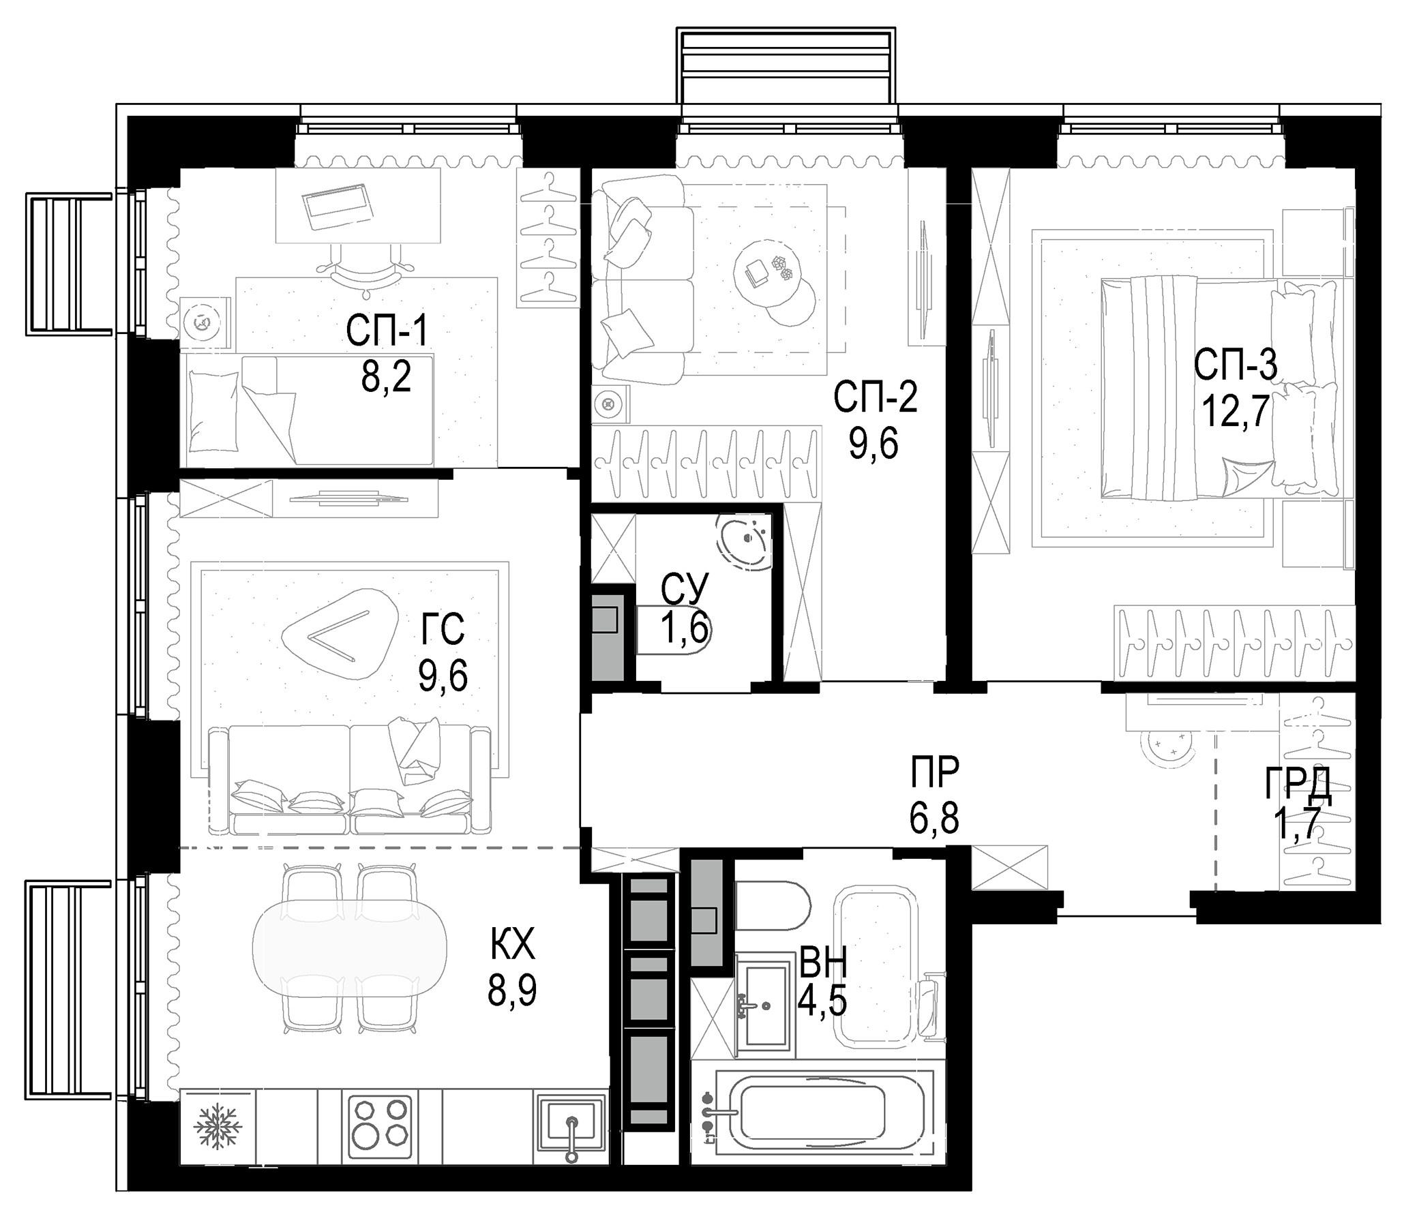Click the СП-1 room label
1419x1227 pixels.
(387, 331)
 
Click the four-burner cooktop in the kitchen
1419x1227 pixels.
(378, 1127)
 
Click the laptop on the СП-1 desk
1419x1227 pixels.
(339, 207)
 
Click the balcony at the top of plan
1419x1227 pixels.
(786, 65)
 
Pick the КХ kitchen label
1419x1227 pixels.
(512, 946)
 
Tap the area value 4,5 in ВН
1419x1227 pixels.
(822, 1002)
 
